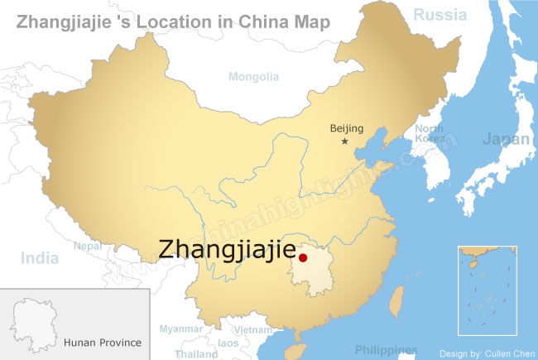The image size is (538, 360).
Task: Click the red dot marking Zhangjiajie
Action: [303, 258]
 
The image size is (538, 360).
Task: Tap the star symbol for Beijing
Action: [345, 142]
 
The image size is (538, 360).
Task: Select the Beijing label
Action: [347, 127]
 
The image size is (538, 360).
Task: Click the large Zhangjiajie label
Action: [226, 248]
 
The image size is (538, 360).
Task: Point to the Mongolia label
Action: [254, 76]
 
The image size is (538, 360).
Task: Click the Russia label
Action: [440, 14]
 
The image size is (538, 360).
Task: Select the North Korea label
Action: [429, 133]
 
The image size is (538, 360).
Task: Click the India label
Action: [40, 257]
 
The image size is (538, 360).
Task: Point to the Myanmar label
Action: [180, 329]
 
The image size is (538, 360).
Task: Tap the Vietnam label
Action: [252, 329]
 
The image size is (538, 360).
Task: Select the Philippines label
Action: [386, 349]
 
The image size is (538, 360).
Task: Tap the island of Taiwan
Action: [396, 300]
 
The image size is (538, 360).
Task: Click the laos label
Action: [228, 343]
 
